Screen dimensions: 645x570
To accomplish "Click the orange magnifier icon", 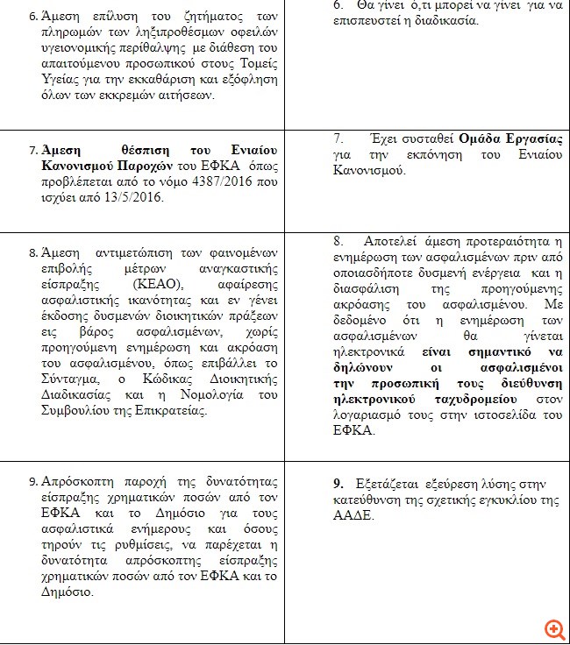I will tap(554, 629).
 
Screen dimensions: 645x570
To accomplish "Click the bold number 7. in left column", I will tap(32, 150).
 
